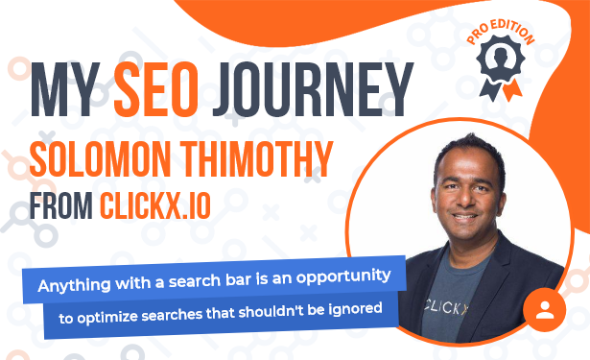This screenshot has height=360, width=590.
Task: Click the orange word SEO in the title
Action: pyautogui.click(x=155, y=89)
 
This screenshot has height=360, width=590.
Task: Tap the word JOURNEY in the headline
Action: pyautogui.click(x=313, y=89)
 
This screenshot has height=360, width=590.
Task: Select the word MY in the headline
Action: pyautogui.click(x=64, y=89)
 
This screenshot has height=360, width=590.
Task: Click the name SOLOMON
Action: pyautogui.click(x=100, y=159)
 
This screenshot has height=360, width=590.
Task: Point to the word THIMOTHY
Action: pyautogui.click(x=256, y=159)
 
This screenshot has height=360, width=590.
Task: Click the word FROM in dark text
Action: pyautogui.click(x=61, y=205)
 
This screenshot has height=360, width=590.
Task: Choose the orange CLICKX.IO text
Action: pyautogui.click(x=155, y=205)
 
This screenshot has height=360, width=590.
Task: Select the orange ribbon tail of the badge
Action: pyautogui.click(x=512, y=90)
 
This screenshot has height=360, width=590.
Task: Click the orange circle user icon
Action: pyautogui.click(x=545, y=309)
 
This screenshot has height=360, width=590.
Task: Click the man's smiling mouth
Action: pyautogui.click(x=464, y=217)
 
